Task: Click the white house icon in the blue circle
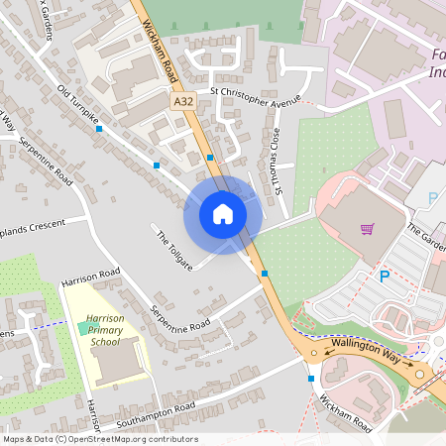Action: coord(223,213)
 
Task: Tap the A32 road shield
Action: coord(182,102)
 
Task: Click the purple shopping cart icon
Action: coord(368,229)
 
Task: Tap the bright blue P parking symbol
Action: coord(385,277)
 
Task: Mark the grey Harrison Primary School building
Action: coord(122,362)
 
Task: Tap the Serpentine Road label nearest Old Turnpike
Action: coord(46,159)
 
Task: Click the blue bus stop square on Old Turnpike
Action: coord(157,165)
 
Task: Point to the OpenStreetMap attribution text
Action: coord(100,439)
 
